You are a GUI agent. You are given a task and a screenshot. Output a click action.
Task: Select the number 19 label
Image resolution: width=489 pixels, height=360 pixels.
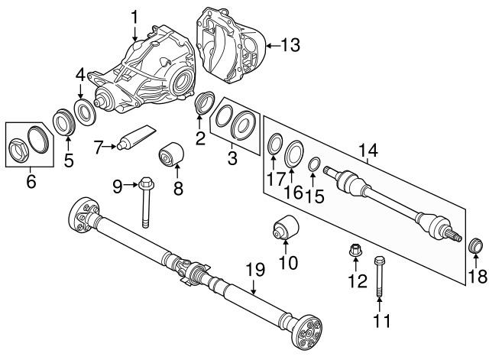tap(254, 270)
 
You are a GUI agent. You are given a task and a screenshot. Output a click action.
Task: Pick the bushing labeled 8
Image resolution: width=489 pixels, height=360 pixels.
tap(172, 156)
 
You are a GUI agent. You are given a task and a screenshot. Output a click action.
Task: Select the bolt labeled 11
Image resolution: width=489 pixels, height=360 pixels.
tap(380, 282)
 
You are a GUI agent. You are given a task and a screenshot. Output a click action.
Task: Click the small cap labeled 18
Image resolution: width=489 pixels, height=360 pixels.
tap(475, 246)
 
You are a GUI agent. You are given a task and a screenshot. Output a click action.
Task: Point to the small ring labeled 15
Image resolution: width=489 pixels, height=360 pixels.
tap(313, 163)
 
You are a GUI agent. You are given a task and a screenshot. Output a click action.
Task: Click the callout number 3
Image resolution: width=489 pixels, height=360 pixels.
tap(232, 159)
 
